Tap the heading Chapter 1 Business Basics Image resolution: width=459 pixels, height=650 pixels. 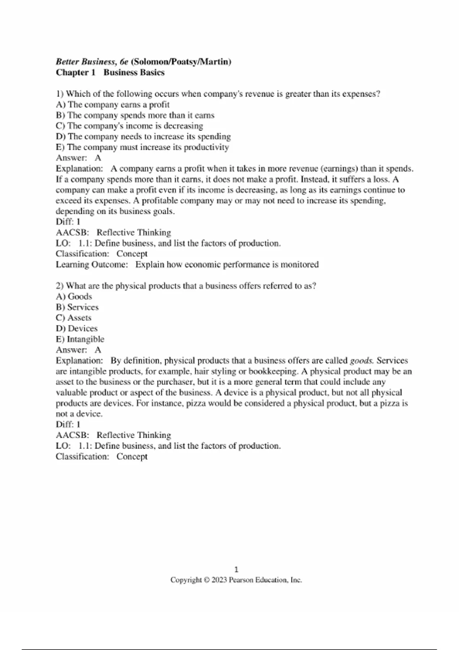(x=110, y=73)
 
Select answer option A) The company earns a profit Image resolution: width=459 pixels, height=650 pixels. (x=113, y=105)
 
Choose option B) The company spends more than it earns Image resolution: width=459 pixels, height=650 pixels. (x=135, y=115)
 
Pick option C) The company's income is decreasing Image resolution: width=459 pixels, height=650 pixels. (x=129, y=126)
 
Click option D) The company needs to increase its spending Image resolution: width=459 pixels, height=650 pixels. (x=143, y=136)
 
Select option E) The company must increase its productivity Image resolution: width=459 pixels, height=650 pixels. (x=142, y=147)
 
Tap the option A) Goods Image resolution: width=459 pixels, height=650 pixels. (x=74, y=296)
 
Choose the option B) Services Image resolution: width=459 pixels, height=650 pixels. (x=77, y=307)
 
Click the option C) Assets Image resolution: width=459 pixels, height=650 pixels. (x=73, y=318)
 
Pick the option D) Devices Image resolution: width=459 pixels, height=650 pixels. (x=76, y=328)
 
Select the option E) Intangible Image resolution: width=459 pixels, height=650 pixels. (x=80, y=339)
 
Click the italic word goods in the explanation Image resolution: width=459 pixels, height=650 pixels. (x=361, y=361)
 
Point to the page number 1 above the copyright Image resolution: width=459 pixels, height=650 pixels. (x=236, y=569)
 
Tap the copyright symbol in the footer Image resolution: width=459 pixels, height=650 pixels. (x=207, y=580)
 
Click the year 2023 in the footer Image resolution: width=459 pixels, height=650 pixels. (x=219, y=580)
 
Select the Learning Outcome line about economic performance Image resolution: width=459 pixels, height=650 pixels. (x=187, y=265)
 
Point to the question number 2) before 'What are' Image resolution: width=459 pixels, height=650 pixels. (x=60, y=286)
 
